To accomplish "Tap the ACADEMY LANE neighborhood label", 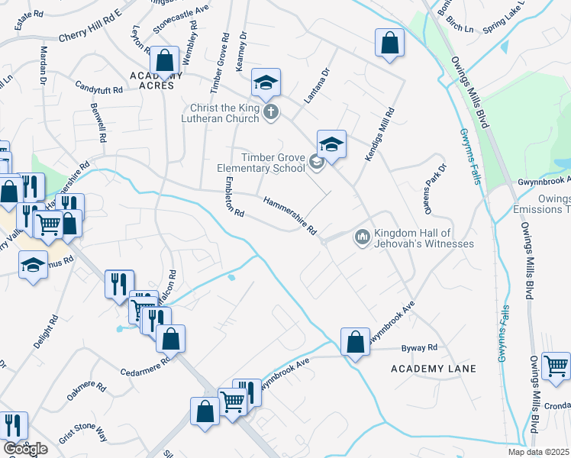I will [433, 369].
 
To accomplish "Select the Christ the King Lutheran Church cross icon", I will [270, 113].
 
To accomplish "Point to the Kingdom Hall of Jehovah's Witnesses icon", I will [362, 238].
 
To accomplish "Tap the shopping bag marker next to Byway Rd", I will [355, 341].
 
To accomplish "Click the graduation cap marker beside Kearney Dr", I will [266, 82].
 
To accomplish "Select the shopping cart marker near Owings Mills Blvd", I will [555, 365].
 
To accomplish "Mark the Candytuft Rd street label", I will [98, 89].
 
